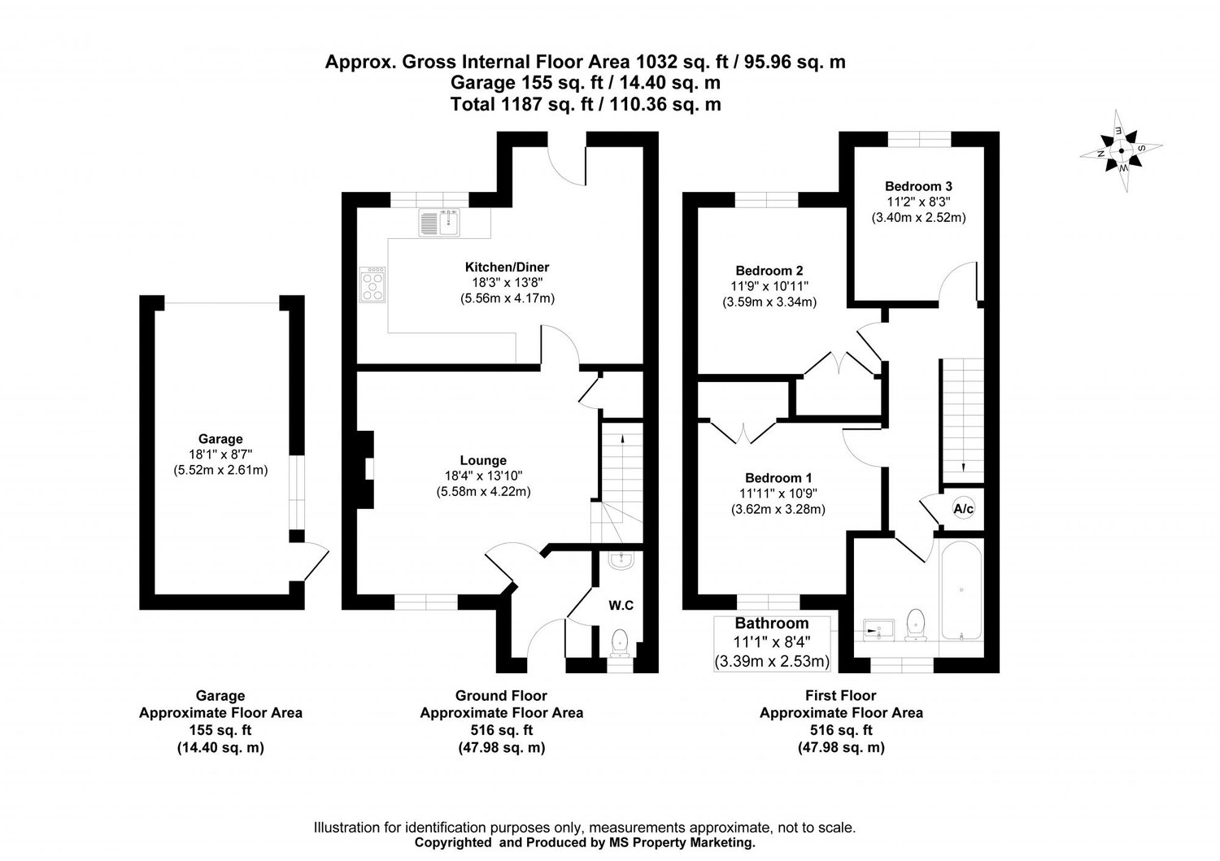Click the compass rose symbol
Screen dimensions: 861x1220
tap(1120, 151)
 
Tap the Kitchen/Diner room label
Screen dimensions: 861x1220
tap(507, 267)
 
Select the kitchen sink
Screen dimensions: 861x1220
tap(440, 222)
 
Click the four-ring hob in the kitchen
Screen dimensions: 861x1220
tap(374, 284)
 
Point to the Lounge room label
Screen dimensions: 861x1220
tap(483, 461)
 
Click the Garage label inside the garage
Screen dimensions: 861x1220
tap(220, 439)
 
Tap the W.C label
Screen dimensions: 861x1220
tap(621, 605)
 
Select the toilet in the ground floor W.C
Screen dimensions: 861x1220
tap(621, 640)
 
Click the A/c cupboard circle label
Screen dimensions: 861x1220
tap(964, 510)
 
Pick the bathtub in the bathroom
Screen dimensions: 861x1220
tap(961, 589)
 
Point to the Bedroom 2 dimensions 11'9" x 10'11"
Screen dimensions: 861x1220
tap(769, 286)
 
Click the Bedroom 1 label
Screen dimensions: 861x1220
tap(779, 478)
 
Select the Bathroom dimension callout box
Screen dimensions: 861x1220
tap(772, 643)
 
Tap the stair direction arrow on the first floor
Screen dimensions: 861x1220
tap(964, 466)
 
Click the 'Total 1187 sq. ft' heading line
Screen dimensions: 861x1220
tap(586, 104)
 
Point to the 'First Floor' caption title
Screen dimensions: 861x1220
tap(840, 696)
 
